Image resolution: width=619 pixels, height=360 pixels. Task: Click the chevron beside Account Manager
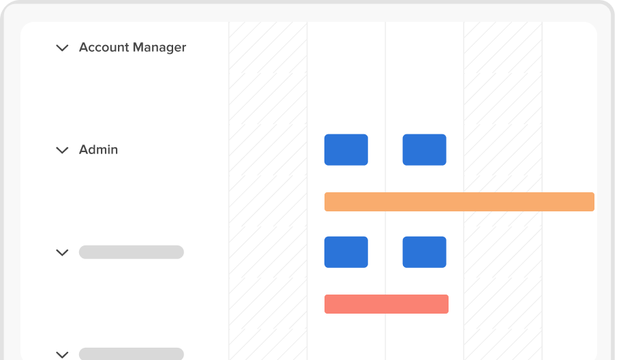coord(62,48)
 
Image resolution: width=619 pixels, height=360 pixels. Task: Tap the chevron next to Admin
coord(62,151)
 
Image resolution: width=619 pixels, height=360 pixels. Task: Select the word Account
coord(104,47)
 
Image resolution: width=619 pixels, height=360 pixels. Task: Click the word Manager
coord(160,48)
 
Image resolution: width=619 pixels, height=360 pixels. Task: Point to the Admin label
coord(98,149)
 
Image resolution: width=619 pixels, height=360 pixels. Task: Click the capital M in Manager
coord(138,47)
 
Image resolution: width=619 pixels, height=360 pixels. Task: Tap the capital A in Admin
coord(84,149)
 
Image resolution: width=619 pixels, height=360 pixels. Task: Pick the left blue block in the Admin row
coord(346,149)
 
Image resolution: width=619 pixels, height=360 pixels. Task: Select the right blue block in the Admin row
coord(425,149)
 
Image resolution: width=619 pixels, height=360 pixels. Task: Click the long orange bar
coord(459,202)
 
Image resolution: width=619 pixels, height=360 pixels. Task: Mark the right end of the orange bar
coord(594,202)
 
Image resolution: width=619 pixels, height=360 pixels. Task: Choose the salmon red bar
coord(387,304)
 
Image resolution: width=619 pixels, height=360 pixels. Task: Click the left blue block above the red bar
coord(346,252)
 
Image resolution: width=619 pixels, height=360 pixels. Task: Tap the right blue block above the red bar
coord(425,252)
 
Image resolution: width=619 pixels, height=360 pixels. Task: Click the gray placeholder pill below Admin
coord(132,252)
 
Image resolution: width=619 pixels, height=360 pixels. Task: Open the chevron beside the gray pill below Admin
coord(62,253)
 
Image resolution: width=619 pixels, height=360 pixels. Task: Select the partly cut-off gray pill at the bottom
coord(132,354)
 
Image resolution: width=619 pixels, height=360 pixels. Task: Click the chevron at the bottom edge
coord(62,355)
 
